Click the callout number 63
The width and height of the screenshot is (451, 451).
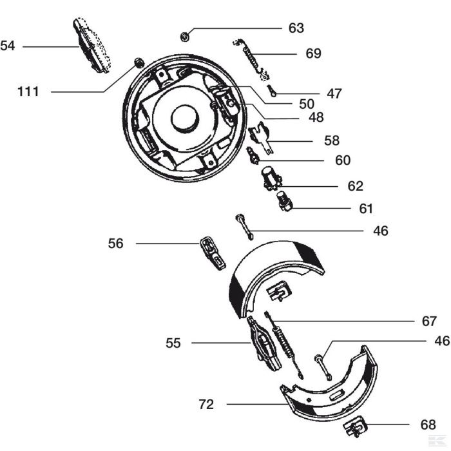coord(296,28)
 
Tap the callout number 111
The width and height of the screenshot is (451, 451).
coord(28,91)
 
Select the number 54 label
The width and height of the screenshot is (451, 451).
coord(8,46)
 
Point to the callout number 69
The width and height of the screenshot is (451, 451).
coord(314,53)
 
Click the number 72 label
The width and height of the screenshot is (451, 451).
coord(206,405)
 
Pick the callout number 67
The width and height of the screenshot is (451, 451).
coord(429,321)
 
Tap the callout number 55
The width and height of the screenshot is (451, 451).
coord(173,343)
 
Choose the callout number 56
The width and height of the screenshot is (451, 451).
coord(115,244)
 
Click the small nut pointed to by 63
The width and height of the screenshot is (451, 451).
coord(184,37)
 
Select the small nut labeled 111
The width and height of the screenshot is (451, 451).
coord(139,62)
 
